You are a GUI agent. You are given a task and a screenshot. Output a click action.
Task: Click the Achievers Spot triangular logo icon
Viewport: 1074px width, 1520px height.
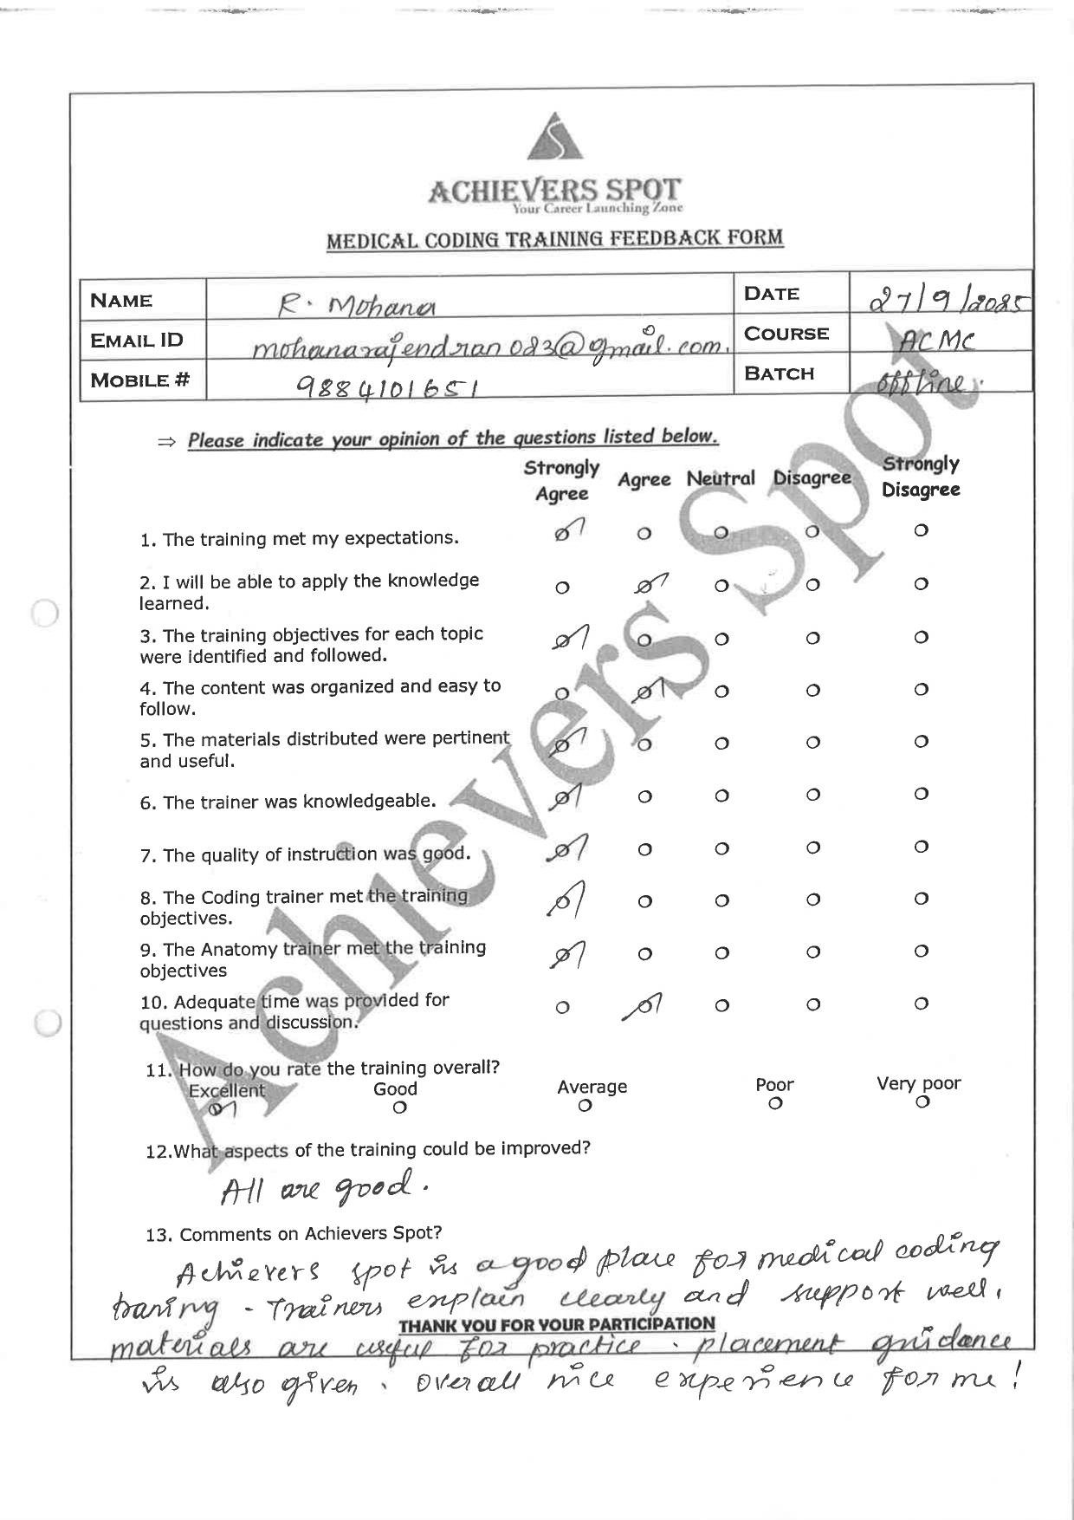click(555, 138)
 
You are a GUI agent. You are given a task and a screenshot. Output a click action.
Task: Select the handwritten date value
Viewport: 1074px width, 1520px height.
click(948, 301)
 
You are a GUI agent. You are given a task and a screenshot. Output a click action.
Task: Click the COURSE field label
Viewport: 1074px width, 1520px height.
click(786, 334)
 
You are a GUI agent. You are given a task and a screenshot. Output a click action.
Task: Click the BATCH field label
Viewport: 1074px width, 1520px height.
click(779, 374)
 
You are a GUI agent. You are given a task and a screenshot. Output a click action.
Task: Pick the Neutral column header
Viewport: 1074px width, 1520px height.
click(721, 478)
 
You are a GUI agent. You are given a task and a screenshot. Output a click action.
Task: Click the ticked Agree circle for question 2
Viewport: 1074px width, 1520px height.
click(645, 588)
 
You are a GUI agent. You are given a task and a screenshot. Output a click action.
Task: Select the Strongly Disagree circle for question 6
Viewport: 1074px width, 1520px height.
click(921, 794)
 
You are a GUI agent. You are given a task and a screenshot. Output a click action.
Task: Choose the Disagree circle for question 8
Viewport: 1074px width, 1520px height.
click(812, 900)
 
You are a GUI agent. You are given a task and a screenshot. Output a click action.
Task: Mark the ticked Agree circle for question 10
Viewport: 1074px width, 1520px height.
click(645, 1006)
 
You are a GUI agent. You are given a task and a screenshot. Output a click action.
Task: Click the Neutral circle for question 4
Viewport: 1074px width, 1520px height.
click(721, 692)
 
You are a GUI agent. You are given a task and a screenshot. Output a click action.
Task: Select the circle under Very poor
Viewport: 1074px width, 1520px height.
click(922, 1101)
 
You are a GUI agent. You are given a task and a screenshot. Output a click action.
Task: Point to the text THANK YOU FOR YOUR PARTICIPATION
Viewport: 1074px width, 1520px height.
click(556, 1324)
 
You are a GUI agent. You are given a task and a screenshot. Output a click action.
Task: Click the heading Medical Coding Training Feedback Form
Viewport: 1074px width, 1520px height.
click(554, 239)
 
